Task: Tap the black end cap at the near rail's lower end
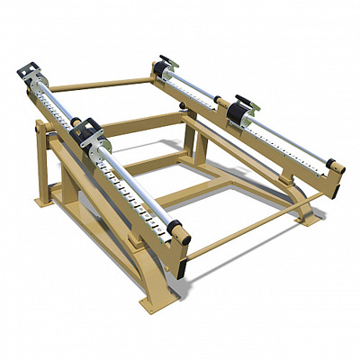176,229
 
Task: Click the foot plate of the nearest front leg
154,301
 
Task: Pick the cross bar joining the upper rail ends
99,85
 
